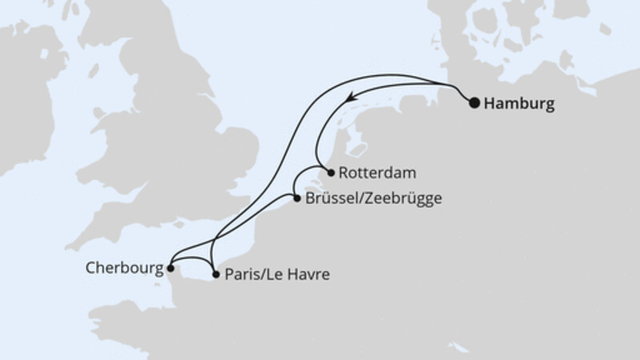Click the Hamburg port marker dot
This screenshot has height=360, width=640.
click(474, 102)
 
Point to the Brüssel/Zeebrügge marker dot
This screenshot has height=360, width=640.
click(296, 198)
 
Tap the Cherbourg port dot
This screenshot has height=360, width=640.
click(170, 269)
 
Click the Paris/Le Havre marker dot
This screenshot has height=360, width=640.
click(215, 274)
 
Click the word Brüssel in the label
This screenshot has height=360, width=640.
click(328, 198)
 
